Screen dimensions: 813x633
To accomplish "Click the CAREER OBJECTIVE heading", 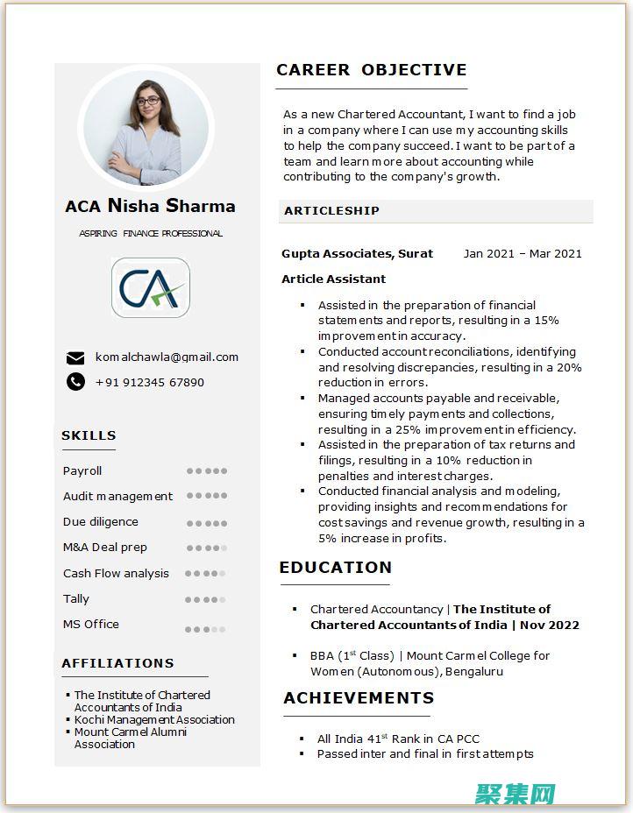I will [371, 70].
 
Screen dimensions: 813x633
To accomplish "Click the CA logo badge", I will [151, 287].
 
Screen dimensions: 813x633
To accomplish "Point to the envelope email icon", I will [76, 357].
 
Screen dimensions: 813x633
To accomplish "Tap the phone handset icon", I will [76, 382].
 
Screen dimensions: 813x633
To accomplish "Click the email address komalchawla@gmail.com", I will [167, 357].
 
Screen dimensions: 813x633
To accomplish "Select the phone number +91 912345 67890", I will [149, 383].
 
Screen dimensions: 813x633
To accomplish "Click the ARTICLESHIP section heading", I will [331, 211].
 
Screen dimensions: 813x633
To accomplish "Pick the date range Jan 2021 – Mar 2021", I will [523, 254].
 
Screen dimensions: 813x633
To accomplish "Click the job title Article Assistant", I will [333, 279].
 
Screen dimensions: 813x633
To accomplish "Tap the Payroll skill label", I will [82, 471].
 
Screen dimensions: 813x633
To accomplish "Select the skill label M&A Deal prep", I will [105, 548].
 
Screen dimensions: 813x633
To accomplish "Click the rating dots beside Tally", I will [206, 600].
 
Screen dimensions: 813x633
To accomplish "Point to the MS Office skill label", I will [91, 625].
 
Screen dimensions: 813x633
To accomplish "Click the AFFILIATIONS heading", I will [117, 663].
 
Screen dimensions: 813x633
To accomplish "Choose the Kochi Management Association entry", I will [154, 720].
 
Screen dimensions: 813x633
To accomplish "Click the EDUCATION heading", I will [335, 568].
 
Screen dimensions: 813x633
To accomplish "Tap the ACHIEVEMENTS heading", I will [359, 698].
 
